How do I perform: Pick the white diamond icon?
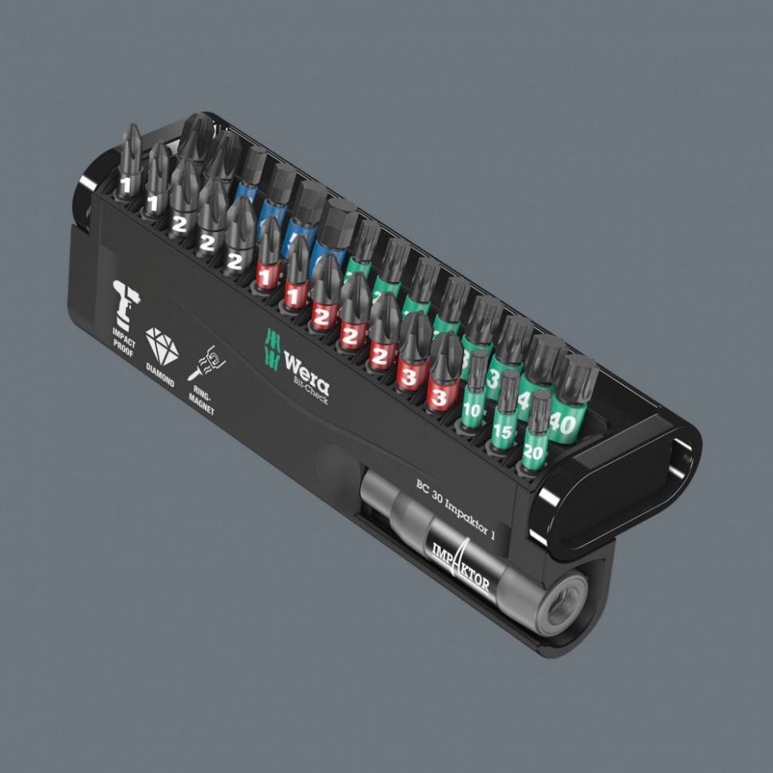(162, 347)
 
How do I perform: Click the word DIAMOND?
(159, 376)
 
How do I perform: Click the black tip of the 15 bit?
(508, 387)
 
